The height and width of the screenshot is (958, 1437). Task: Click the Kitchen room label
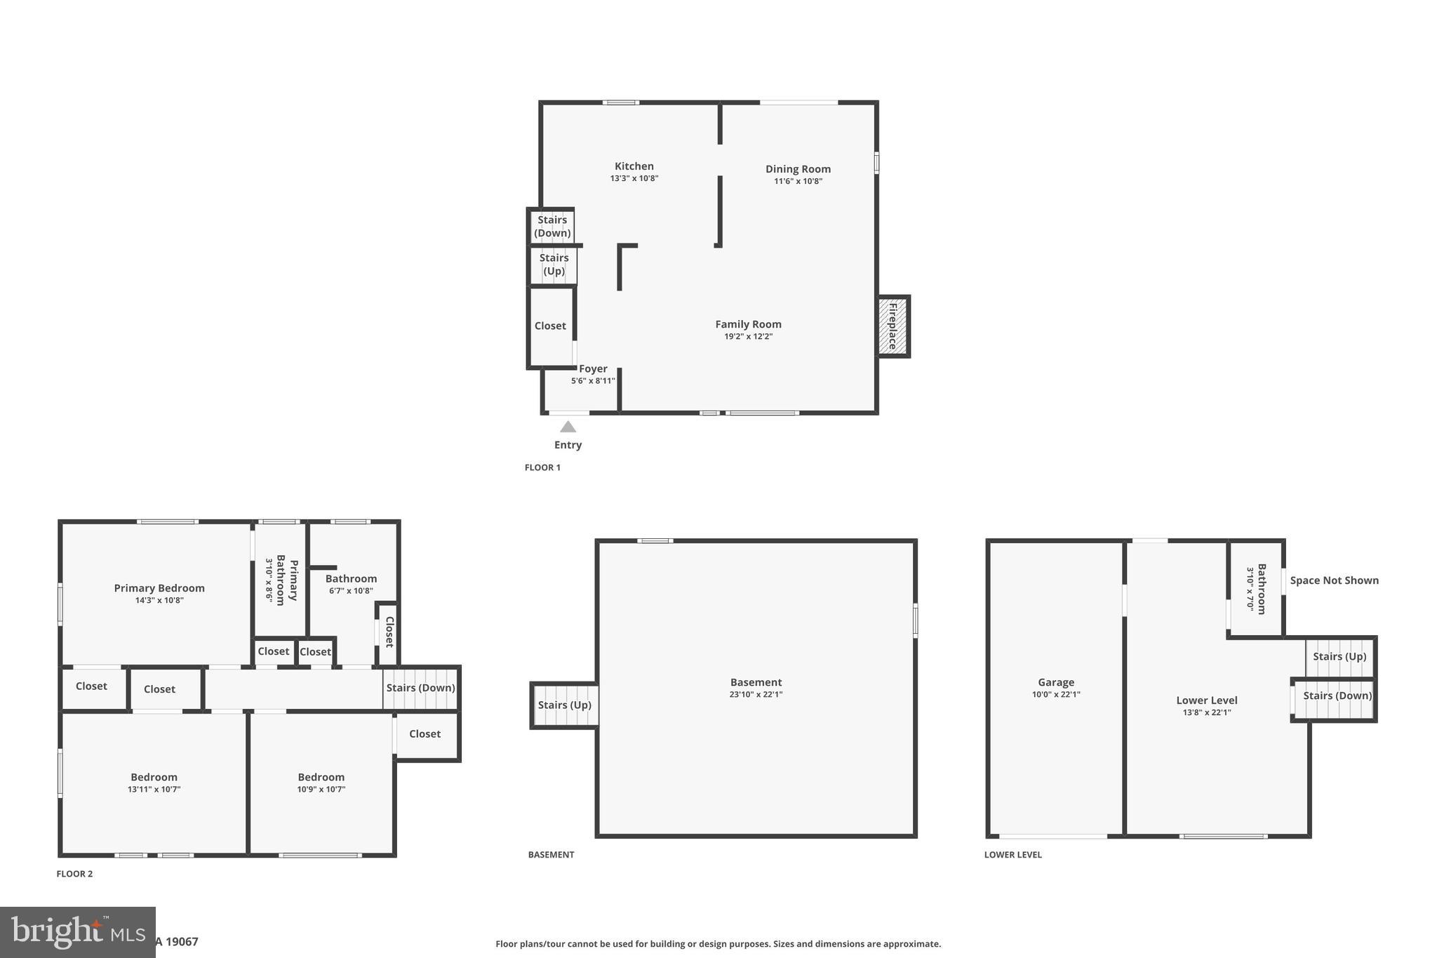coord(634,166)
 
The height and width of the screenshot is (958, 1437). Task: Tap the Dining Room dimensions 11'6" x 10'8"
coord(798,181)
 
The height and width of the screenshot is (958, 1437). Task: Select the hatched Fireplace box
coord(893,326)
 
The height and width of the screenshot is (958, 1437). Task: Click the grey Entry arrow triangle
coord(568,427)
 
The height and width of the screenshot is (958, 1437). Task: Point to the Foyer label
coord(593,368)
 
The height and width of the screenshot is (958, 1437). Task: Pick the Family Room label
coord(748,324)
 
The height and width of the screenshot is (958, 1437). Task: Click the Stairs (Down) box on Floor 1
coord(552,226)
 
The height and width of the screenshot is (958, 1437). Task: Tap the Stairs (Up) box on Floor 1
coord(554,265)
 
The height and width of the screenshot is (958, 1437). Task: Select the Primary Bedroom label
coord(159,588)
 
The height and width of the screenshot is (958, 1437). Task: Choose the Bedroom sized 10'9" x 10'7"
coord(321,782)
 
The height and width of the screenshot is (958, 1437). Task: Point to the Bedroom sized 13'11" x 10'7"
coord(154,782)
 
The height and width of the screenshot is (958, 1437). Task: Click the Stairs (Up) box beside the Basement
coord(564,705)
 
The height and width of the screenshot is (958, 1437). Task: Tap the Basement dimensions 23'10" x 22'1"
coord(756,695)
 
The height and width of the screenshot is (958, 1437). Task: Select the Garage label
coord(1056,682)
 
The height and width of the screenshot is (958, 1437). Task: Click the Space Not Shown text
coord(1334,580)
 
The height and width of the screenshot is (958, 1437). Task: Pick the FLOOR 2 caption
coord(74,874)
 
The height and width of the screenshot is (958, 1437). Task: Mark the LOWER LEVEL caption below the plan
coord(1012,855)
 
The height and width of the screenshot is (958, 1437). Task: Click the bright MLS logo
coord(77,932)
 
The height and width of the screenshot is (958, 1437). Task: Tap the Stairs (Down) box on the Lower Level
coord(1337,696)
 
